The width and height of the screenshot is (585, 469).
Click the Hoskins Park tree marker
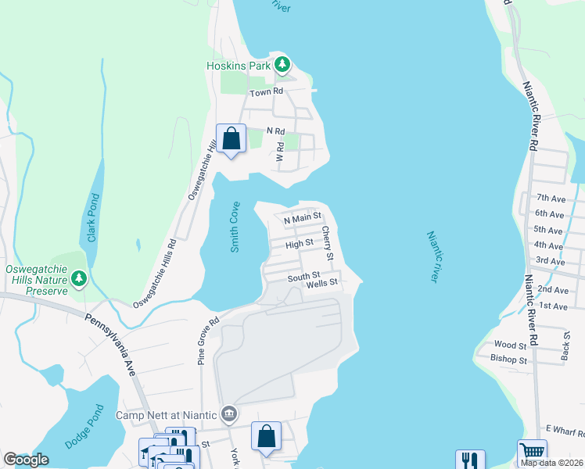tap(282, 64)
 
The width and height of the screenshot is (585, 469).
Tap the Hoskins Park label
tap(238, 66)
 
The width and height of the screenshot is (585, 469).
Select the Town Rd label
tap(265, 93)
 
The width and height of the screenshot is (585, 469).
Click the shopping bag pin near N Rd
tap(231, 139)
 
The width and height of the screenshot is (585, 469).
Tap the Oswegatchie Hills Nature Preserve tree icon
tap(78, 278)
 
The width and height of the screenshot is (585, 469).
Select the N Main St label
tap(303, 217)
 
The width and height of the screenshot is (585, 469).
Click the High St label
tap(300, 244)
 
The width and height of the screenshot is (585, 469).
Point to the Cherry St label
tap(328, 244)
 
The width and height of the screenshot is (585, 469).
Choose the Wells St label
tap(322, 283)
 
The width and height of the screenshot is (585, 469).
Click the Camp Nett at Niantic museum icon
tap(228, 414)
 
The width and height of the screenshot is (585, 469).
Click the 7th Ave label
tap(550, 199)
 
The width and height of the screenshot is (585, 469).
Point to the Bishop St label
tap(511, 360)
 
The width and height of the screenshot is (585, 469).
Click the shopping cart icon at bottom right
tap(532, 452)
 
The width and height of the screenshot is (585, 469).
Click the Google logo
tap(26, 460)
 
